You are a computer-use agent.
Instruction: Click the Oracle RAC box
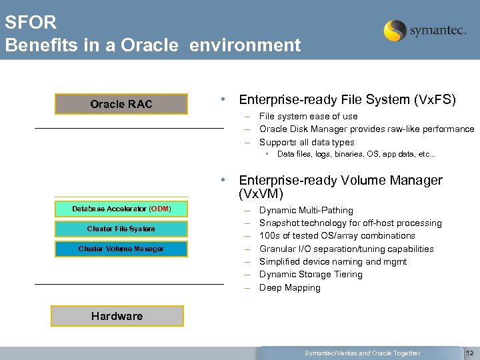tap(121, 104)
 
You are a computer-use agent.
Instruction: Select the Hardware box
tap(117, 316)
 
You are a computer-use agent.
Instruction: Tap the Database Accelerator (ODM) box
tap(121, 209)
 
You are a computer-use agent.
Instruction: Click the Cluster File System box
tap(121, 229)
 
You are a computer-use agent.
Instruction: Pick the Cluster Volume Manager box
tap(121, 249)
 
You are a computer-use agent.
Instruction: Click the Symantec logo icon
tap(395, 31)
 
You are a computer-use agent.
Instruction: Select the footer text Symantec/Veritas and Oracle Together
tap(362, 353)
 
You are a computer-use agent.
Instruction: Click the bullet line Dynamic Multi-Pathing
tap(306, 210)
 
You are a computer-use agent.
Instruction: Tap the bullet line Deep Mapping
tap(289, 287)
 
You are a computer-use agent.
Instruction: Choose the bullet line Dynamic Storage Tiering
tap(311, 274)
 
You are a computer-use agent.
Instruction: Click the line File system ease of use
tap(308, 116)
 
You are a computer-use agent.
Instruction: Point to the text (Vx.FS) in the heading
tap(435, 100)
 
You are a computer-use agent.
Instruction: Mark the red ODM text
tap(160, 209)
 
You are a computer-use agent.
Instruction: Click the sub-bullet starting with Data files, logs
tap(356, 154)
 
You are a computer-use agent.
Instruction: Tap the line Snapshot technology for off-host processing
tap(350, 223)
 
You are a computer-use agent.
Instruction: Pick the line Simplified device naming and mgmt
tap(333, 261)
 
